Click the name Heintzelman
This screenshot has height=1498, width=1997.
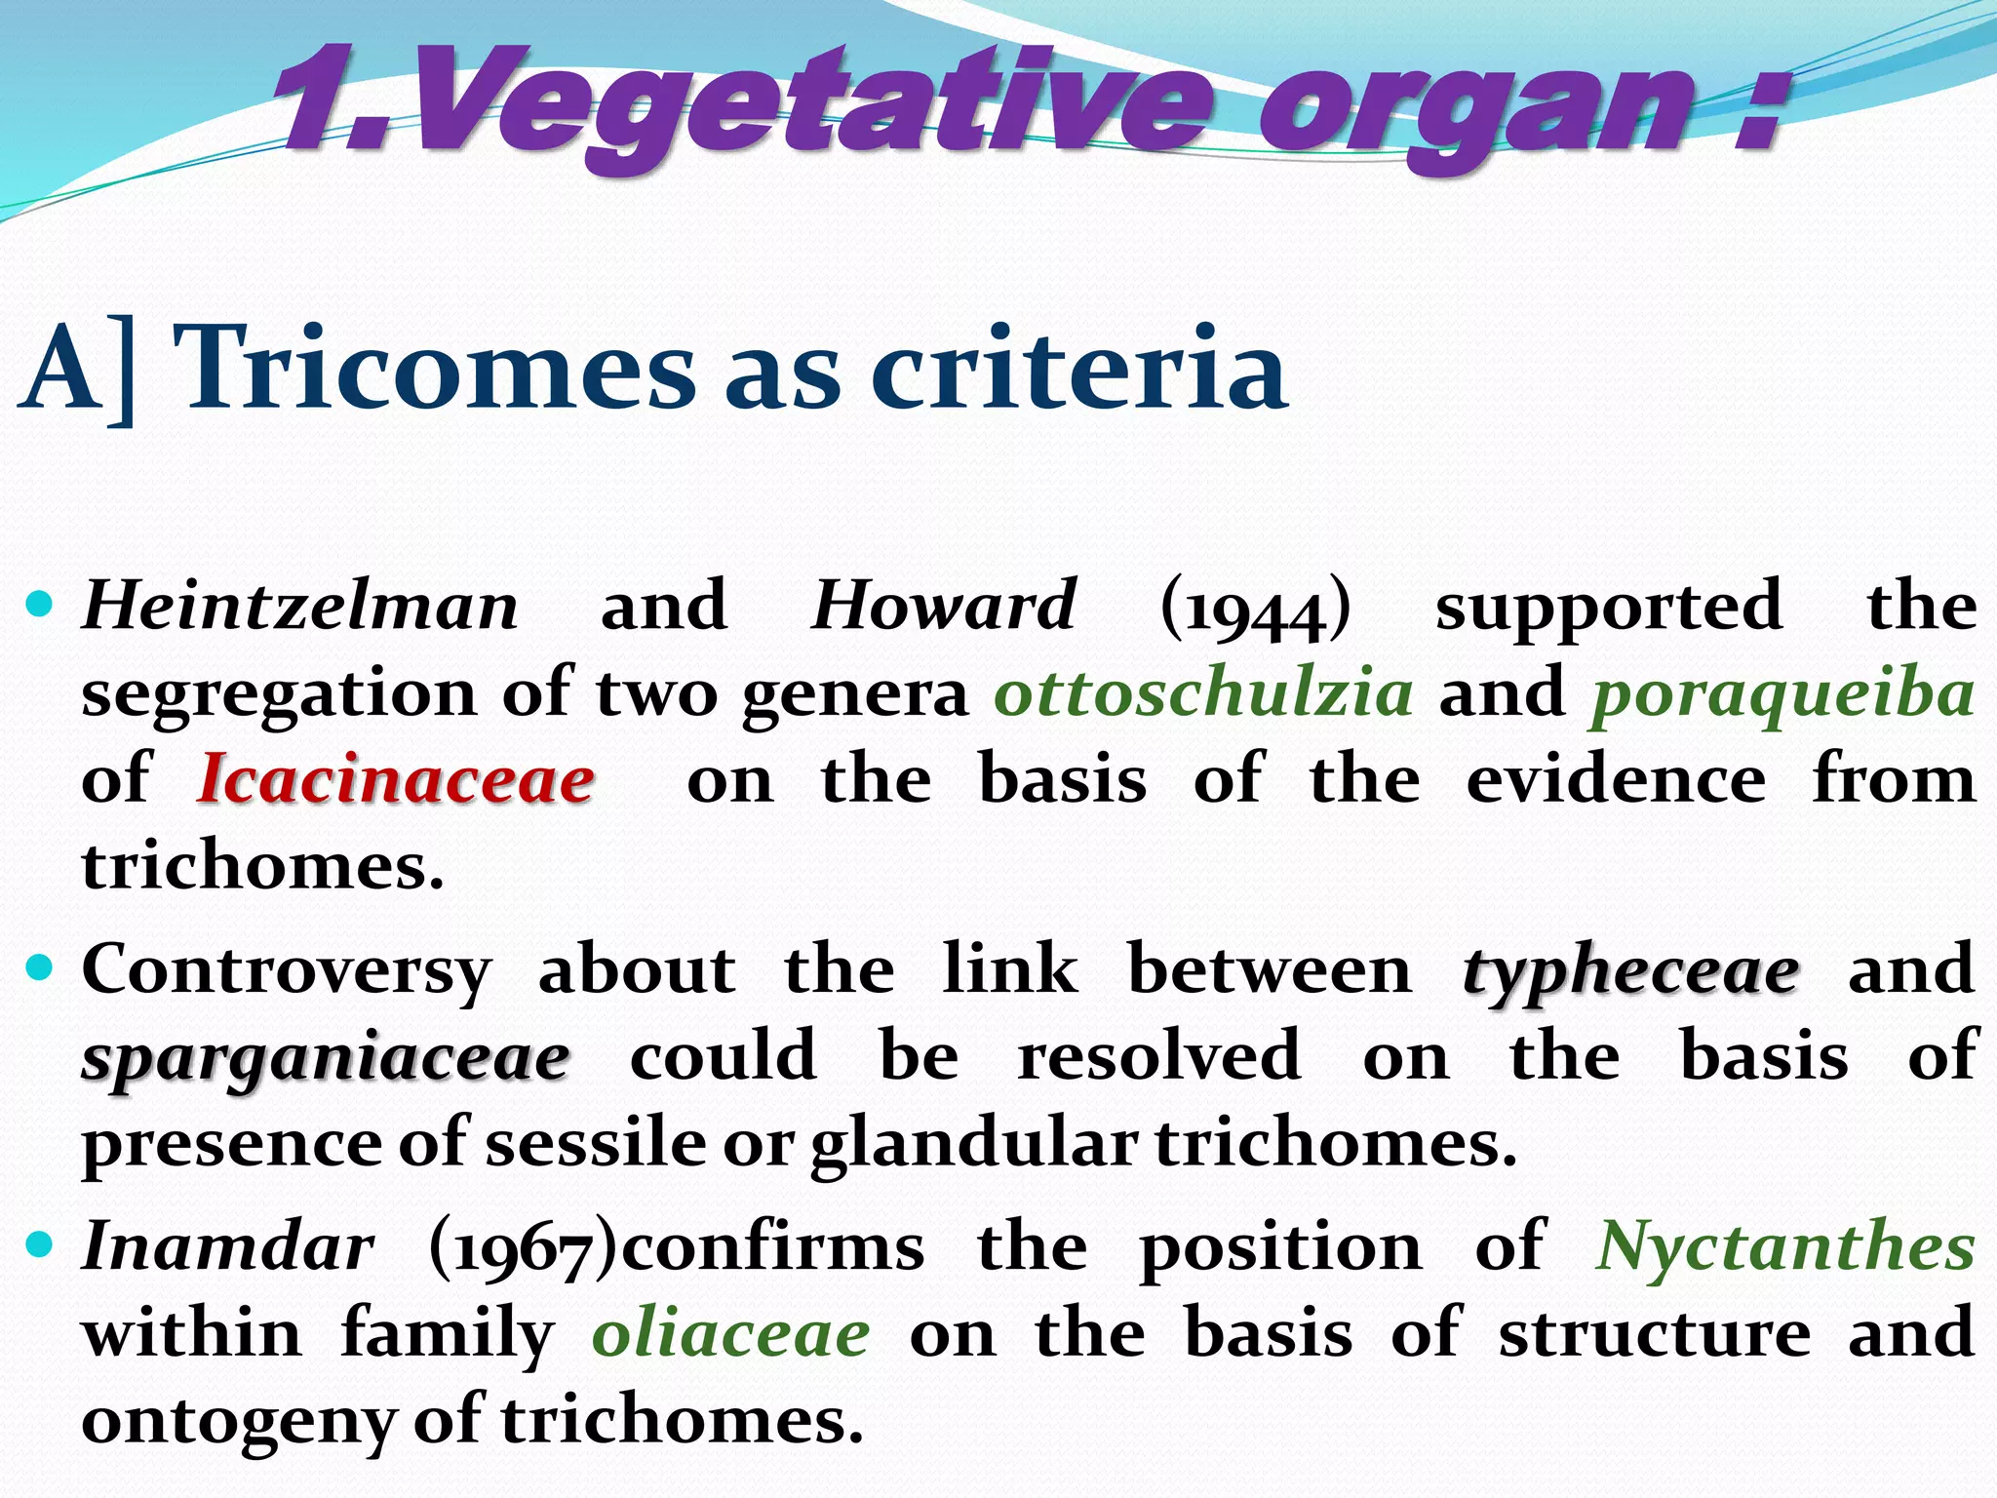pos(300,607)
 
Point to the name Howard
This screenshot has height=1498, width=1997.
pos(944,607)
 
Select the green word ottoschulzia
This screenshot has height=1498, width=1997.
pos(1203,692)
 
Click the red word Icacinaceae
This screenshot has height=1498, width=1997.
pos(396,780)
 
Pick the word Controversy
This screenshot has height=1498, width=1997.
pos(287,971)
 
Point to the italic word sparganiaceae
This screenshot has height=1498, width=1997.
pos(326,1059)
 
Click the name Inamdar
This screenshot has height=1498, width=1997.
pos(228,1246)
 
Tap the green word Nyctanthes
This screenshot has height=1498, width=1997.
pos(1784,1248)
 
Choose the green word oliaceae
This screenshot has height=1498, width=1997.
pos(730,1334)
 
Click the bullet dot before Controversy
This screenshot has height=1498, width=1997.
pos(40,968)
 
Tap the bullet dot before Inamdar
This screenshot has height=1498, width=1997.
pos(40,1244)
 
